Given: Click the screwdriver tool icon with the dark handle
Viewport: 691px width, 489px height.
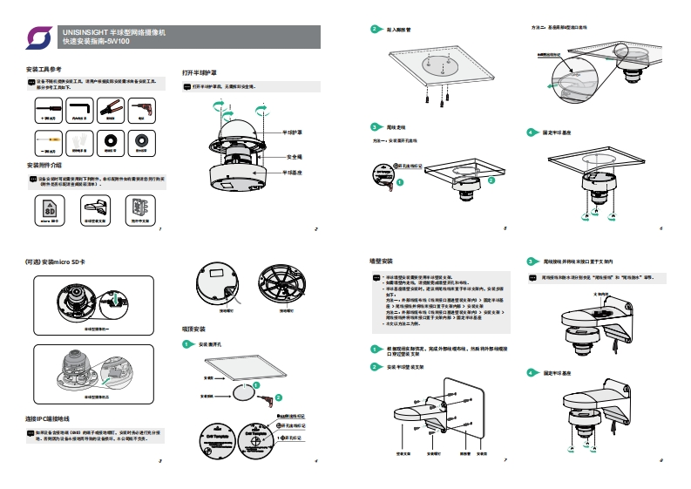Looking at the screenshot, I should [46, 110].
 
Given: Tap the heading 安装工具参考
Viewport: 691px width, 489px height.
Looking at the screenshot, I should [44, 69].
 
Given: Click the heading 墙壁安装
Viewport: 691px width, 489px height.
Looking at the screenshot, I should [382, 261].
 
